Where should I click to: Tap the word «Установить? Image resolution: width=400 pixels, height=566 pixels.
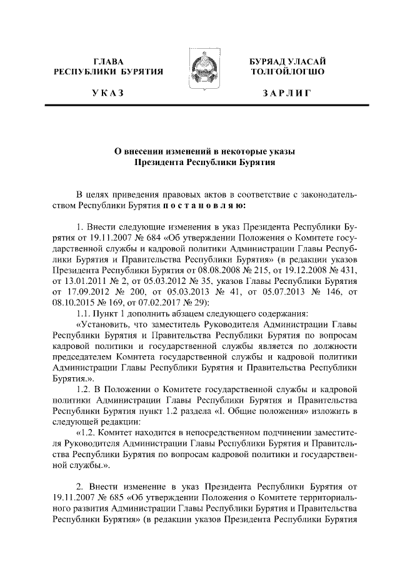click(102, 325)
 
